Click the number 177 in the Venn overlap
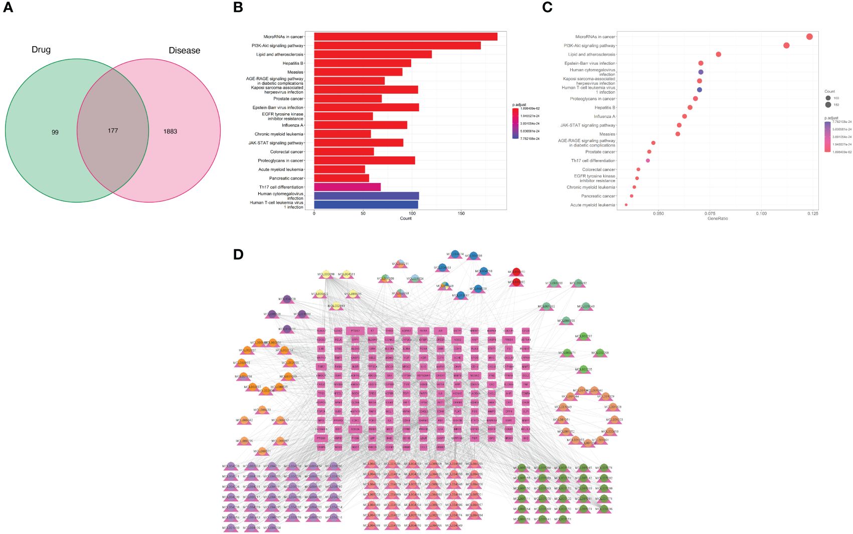click(113, 130)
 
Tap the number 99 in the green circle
click(55, 132)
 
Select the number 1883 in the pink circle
click(170, 131)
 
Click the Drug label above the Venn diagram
click(41, 50)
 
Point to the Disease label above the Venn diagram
click(184, 51)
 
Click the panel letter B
click(238, 8)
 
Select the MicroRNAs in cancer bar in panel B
click(405, 37)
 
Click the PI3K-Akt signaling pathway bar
click(397, 46)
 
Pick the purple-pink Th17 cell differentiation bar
click(347, 187)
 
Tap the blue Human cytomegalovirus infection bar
click(366, 196)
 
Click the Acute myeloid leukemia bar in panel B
click(339, 169)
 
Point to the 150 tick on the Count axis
click(461, 214)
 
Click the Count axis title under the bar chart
click(406, 219)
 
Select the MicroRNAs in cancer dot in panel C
click(809, 37)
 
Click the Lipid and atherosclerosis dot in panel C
click(718, 55)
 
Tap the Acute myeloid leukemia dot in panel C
click(626, 205)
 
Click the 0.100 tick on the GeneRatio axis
click(761, 214)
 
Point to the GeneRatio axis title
click(717, 219)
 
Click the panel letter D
click(238, 254)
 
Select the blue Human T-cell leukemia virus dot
click(699, 90)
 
